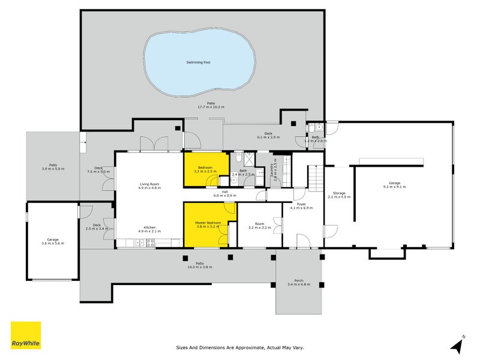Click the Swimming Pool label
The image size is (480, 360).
(197, 62)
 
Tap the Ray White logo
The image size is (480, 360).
(26, 335)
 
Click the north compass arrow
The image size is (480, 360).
(458, 345)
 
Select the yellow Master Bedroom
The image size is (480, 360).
(208, 225)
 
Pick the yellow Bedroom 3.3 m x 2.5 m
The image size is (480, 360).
(205, 169)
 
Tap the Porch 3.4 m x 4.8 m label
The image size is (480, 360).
(298, 282)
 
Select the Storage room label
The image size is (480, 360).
(339, 195)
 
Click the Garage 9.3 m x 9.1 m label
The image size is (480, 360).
(394, 185)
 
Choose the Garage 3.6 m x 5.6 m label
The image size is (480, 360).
(52, 241)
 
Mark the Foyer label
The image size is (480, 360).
(298, 206)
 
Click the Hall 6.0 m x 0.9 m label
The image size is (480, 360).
(225, 194)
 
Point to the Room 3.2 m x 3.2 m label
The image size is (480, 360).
(259, 226)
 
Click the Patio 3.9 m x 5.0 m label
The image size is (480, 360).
(53, 167)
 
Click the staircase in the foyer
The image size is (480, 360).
(316, 178)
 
